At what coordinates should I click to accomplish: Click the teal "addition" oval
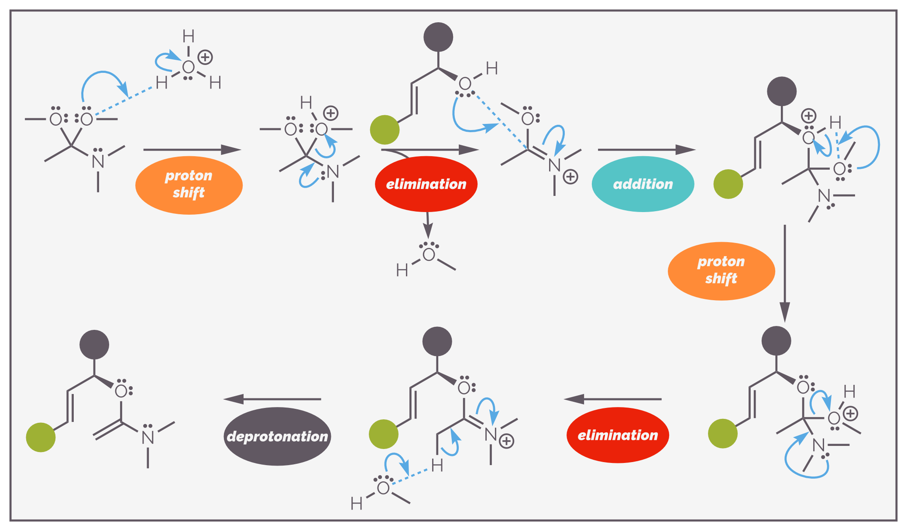[643, 184]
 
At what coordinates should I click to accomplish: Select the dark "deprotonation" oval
[277, 436]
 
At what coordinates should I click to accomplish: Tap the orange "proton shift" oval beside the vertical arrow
[721, 271]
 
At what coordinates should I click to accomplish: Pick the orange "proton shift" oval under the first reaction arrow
[189, 185]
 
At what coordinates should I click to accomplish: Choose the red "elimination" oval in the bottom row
[618, 435]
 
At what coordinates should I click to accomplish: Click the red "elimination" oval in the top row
[426, 184]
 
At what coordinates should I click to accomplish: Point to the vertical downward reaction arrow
[785, 274]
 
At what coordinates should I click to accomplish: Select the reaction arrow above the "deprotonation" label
[272, 399]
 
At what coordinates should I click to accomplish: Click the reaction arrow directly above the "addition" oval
[647, 150]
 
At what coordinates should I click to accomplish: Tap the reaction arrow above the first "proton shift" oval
[192, 150]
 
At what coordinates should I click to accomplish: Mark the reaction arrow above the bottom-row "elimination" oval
[612, 399]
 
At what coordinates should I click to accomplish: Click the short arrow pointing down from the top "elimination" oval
[428, 225]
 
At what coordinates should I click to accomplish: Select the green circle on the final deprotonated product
[41, 437]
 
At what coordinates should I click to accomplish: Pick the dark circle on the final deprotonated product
[94, 345]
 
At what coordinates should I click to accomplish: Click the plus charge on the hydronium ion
[205, 57]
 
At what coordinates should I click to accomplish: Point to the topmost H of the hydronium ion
[189, 36]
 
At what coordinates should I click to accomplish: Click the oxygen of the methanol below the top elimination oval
[429, 255]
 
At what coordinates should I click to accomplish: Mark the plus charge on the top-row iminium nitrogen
[570, 177]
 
